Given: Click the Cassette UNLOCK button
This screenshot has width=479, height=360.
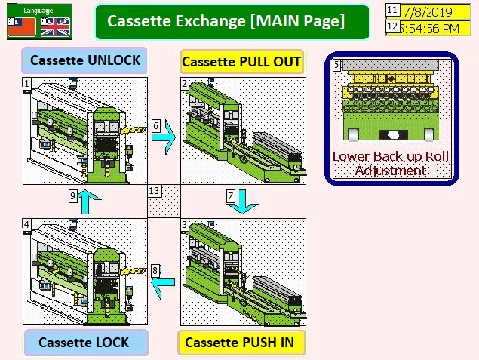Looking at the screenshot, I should (x=85, y=60).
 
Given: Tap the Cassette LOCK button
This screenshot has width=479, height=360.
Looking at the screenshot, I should (x=84, y=342).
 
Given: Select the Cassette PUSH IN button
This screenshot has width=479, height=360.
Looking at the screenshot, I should (x=241, y=342).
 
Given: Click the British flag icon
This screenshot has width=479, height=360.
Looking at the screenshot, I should (x=55, y=26).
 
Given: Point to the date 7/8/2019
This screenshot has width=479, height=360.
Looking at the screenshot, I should (x=428, y=11).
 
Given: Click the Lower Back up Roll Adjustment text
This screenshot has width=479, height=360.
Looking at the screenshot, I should (x=391, y=163).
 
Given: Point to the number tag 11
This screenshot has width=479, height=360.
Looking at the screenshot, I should (x=392, y=11).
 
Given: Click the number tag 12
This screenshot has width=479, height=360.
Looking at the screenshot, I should (x=392, y=27).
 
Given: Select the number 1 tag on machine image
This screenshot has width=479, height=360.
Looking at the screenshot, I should (x=27, y=82).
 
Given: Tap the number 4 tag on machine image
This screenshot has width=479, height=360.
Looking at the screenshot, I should (x=27, y=224).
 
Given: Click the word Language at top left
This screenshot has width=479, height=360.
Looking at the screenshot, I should (x=37, y=10).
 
